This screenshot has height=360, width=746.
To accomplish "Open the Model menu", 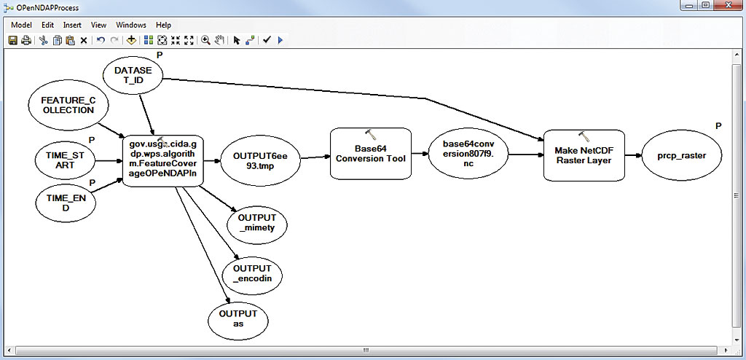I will [20, 25].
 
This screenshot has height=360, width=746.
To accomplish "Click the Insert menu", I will [72, 25].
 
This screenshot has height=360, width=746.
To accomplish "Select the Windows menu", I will [130, 25].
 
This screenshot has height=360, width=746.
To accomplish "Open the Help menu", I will [163, 25].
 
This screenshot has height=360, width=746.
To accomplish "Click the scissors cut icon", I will [44, 41].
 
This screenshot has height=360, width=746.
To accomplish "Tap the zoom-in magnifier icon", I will [206, 41].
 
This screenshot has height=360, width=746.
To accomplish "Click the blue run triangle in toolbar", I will [280, 41].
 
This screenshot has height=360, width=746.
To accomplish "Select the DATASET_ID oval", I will [133, 77].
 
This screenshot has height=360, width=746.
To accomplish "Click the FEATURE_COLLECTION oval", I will [68, 105].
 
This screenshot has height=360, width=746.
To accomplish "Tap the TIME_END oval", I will [66, 203].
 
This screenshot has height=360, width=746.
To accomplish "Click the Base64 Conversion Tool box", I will [370, 154].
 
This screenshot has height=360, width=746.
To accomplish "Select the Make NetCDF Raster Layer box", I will [584, 154].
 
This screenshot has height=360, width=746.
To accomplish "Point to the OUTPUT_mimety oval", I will [258, 223].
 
